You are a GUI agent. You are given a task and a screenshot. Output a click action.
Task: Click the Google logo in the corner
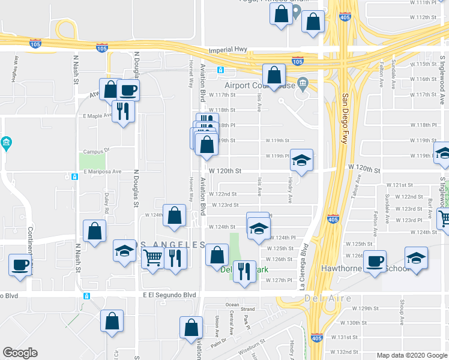20,353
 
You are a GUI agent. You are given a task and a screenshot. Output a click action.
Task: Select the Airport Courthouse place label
261,85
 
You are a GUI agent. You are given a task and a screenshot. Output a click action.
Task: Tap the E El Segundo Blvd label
170,295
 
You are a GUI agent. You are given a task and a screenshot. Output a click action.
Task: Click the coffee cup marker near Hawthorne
375,262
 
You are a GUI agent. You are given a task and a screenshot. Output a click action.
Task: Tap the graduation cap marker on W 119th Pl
301,160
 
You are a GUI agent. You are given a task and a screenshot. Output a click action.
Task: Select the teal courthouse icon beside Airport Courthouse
303,82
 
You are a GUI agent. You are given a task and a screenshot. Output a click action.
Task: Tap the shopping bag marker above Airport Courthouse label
274,76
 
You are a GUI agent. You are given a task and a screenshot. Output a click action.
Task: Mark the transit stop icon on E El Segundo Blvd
87,296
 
